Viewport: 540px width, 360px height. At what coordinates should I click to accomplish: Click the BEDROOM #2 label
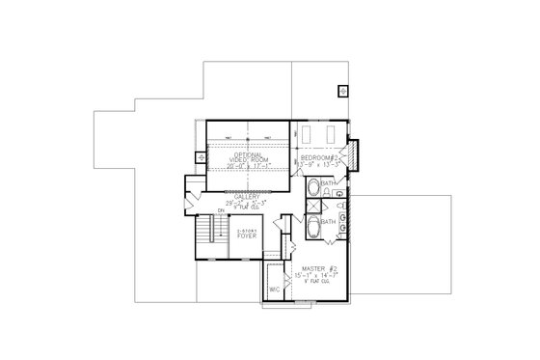[x=318, y=156]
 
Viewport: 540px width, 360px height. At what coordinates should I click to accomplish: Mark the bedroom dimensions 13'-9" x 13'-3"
[x=318, y=164]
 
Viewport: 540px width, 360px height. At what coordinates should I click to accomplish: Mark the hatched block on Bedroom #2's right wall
[x=353, y=152]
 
